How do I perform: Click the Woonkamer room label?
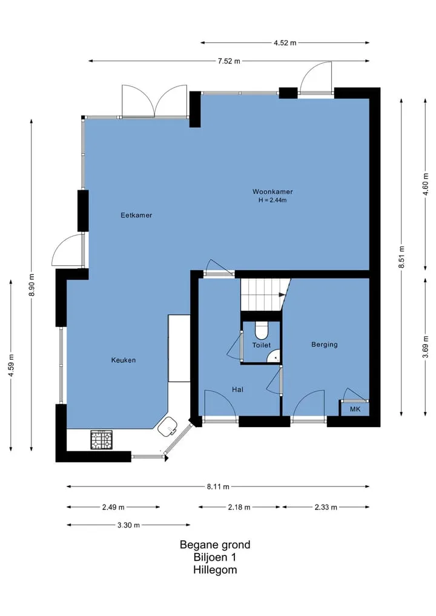tap(272, 192)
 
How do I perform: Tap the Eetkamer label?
tap(136, 215)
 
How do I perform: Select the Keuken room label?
tap(124, 360)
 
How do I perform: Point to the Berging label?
tap(325, 345)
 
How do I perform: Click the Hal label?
tap(237, 389)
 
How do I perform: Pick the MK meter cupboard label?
tap(355, 409)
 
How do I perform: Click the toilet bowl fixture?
tap(261, 330)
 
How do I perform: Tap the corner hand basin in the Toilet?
tap(274, 356)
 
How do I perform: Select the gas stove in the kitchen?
tap(102, 440)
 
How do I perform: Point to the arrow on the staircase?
tap(282, 294)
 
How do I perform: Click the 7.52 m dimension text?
tap(229, 61)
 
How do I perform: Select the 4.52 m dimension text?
tap(285, 43)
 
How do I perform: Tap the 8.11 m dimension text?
tap(218, 487)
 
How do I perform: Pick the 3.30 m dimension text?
tap(128, 525)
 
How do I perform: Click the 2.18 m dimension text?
tap(239, 507)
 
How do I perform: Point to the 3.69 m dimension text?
tap(425, 347)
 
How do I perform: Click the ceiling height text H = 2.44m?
tap(272, 200)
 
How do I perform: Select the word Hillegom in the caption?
tap(215, 569)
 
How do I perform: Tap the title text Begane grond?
tap(215, 545)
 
